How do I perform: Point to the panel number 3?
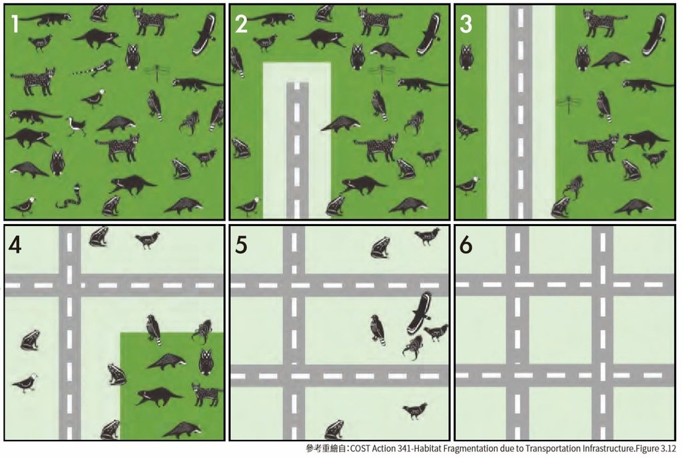[466, 25]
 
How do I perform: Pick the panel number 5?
[241, 245]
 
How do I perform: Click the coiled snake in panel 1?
[68, 197]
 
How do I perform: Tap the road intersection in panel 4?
[69, 285]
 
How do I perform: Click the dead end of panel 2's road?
[297, 85]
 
